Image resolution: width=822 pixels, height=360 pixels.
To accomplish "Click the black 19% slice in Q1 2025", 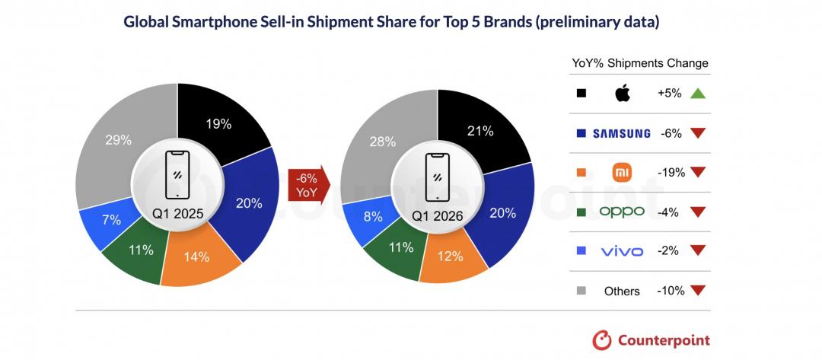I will [218, 123].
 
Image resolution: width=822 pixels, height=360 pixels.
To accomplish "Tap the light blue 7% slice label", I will [111, 220].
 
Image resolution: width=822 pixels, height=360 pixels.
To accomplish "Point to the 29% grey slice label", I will [118, 140].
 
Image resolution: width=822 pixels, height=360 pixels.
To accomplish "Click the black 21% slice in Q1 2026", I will [479, 132].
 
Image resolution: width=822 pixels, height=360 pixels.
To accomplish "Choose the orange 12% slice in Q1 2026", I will [451, 256].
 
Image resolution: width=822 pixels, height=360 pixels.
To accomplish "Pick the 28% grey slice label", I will [382, 141].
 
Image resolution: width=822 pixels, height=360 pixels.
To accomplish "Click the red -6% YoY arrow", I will [307, 184].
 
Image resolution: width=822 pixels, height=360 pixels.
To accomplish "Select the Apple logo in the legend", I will [622, 94].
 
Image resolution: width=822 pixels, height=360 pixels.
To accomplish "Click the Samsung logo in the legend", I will [622, 133].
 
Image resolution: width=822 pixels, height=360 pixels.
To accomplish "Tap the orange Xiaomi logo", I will [622, 173].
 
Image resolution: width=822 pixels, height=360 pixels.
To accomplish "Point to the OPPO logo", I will [622, 212].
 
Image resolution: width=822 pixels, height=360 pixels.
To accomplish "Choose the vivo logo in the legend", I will [622, 251].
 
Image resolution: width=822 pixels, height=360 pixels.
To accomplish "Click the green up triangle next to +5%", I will [696, 94].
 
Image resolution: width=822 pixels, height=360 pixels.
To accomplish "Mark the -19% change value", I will [671, 173].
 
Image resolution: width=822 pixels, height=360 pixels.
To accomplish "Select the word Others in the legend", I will [622, 291].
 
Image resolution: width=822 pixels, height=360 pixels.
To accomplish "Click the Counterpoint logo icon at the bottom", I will [602, 340].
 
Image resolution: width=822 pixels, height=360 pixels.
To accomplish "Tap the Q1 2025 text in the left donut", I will [177, 215].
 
